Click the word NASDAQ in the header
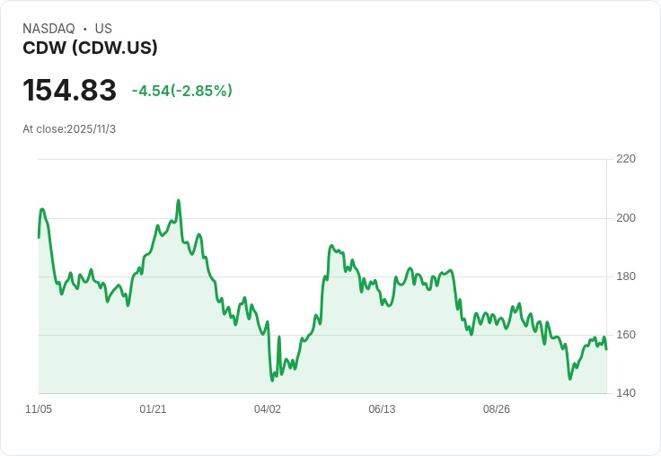tap(48, 29)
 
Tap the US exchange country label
tap(103, 29)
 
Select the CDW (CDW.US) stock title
tap(90, 48)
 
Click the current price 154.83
tap(69, 91)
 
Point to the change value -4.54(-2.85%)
tap(182, 91)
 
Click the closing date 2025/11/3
tap(91, 129)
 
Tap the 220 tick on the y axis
tap(626, 159)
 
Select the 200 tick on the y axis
tap(626, 218)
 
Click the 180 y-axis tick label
tap(626, 276)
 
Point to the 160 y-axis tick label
tap(626, 335)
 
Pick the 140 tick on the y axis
tap(626, 393)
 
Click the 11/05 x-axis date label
tap(39, 409)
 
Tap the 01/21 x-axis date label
tap(153, 409)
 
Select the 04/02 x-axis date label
tap(268, 409)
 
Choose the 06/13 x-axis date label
tap(382, 409)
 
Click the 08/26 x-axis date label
tap(497, 409)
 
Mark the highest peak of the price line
tap(179, 200)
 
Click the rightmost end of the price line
tap(606, 349)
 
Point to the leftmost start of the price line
tap(39, 237)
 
